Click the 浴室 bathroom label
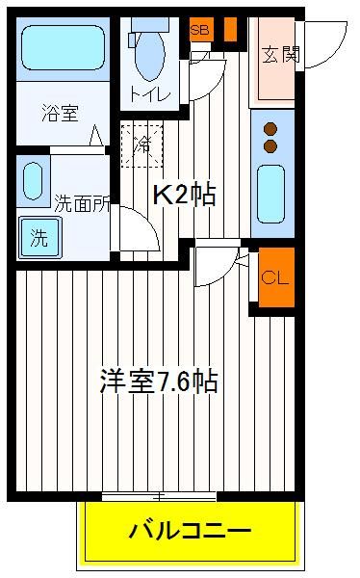coord(60,113)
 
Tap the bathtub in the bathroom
coord(63,47)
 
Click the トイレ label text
coord(151,95)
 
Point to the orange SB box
coord(201,29)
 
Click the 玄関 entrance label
coord(281,55)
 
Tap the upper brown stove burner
coord(270,129)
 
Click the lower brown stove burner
coord(270,146)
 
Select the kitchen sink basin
coord(270,194)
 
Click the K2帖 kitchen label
coord(184,194)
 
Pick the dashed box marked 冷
coord(141,146)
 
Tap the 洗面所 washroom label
coord(82,202)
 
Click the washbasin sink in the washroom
coord(33,181)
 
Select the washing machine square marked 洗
coord(39,238)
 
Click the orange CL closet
coord(276,277)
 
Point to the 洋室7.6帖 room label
coord(159,381)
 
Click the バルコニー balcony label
coord(190,531)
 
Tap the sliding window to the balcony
coord(159,496)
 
